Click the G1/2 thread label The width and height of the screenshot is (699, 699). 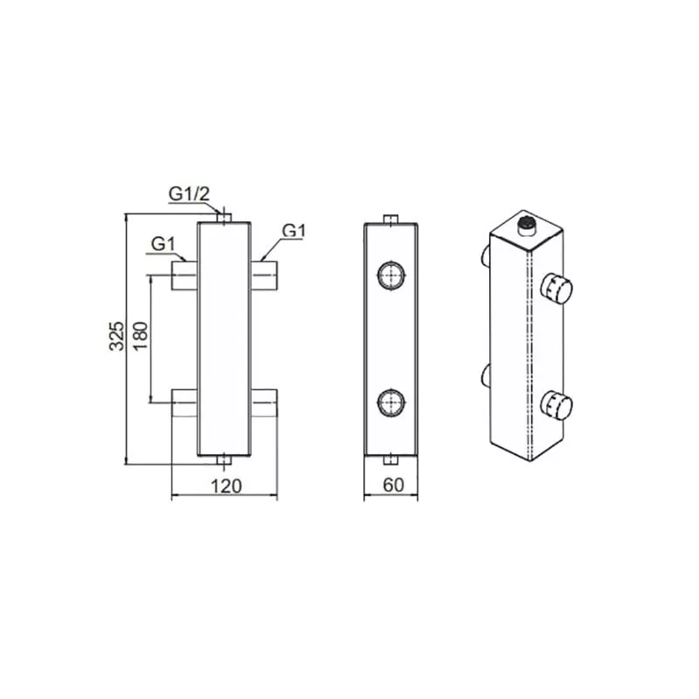tap(189, 194)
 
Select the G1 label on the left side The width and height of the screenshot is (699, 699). tap(163, 245)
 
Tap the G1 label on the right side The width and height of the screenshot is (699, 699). tap(294, 231)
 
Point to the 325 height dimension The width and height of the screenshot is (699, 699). tap(117, 336)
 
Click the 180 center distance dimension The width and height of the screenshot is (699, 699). tap(140, 336)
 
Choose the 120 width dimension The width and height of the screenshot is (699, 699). tap(226, 487)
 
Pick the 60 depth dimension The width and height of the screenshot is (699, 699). tap(393, 485)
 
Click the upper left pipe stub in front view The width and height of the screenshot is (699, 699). tap(184, 275)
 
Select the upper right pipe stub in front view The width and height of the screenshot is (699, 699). tap(264, 275)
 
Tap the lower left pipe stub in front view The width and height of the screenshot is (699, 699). tap(184, 404)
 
